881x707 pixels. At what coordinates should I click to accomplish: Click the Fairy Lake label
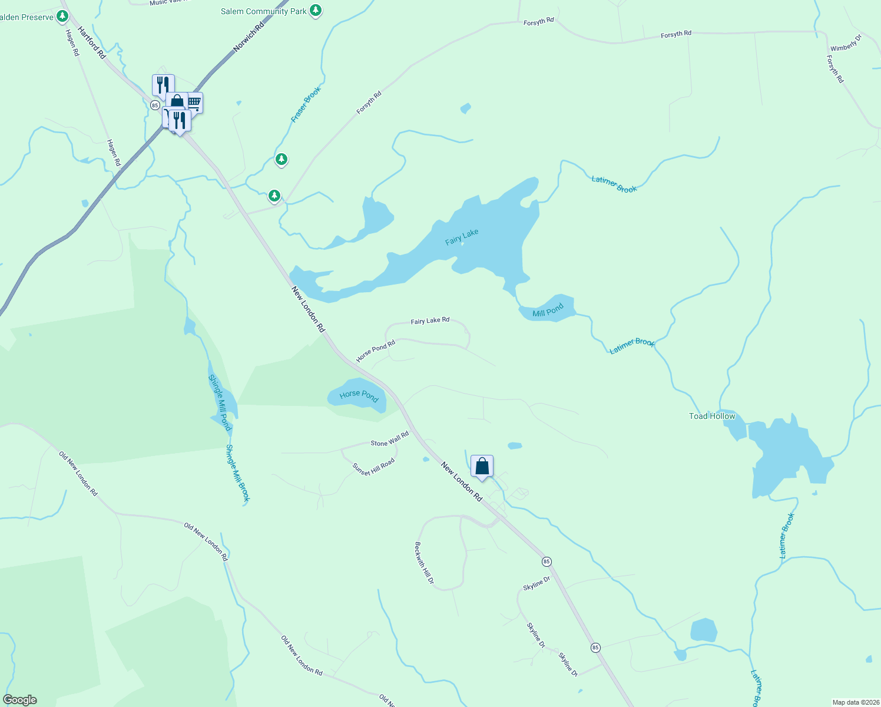462,237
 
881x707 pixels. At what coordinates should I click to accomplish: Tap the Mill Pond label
548,310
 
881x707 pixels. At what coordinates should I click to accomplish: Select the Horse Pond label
359,395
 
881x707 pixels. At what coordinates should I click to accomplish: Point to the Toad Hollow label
712,416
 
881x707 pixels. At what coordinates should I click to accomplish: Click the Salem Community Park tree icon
316,10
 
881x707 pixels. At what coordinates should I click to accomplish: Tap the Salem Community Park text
263,11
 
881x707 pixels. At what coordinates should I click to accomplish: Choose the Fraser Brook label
306,105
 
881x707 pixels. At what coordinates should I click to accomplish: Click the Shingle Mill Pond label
219,402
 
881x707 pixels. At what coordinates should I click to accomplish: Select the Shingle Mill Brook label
238,473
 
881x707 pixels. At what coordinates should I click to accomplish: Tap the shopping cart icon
194,103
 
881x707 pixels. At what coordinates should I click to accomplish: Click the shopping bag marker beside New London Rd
482,467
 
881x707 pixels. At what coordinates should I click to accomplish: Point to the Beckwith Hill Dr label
424,563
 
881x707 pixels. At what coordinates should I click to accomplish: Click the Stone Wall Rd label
389,440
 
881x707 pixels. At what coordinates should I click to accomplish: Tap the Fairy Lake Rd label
430,321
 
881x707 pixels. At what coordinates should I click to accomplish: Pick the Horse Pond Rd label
375,351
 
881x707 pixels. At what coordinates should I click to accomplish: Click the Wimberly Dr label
846,43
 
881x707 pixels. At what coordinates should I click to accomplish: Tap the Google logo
20,700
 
